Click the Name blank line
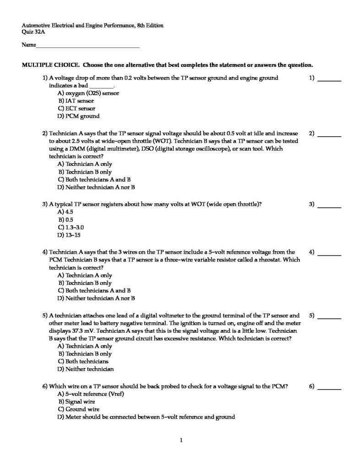[x=88, y=46]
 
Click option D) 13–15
[x=69, y=235]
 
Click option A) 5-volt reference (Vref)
[x=91, y=394]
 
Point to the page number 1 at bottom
[x=181, y=441]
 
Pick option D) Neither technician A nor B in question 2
[x=96, y=187]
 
